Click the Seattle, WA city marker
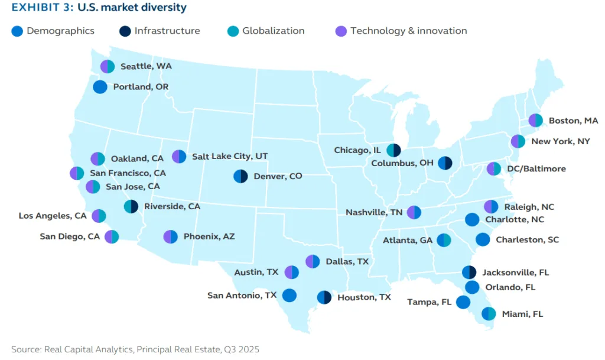pos(107,67)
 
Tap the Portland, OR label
pos(141,87)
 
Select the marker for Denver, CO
pos(240,176)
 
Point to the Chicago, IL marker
pos(393,151)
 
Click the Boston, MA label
pos(573,121)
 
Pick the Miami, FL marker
pos(489,314)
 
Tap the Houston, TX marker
pos(324,297)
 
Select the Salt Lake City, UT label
pos(229,157)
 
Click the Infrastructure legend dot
pos(125,31)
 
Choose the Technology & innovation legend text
pos(408,31)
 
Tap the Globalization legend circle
pos(233,31)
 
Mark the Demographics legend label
pos(60,31)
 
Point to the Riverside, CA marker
pos(131,206)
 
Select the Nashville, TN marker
pos(414,212)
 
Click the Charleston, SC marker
pos(483,240)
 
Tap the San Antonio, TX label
pos(242,295)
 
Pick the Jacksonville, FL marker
pos(469,273)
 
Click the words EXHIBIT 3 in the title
pos(39,8)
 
